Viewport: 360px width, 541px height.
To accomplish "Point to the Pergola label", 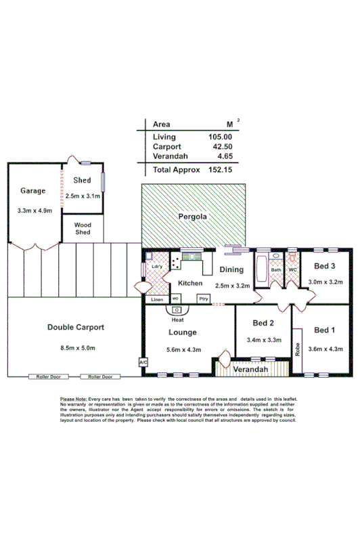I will (192, 217).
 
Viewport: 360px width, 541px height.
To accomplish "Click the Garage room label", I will (32, 191).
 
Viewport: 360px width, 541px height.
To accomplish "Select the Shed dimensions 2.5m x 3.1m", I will (83, 196).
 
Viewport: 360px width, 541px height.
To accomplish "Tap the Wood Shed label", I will (82, 228).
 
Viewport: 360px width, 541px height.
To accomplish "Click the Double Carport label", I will (76, 327).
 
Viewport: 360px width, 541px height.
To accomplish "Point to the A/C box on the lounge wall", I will (143, 362).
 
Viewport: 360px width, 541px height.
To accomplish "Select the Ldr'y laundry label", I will (157, 267).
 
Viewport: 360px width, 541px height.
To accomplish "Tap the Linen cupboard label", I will (157, 299).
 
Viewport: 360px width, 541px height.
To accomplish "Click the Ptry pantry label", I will (203, 299).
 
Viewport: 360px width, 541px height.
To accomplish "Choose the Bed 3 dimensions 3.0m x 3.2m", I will (326, 282).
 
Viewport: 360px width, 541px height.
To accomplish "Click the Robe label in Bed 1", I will (297, 350).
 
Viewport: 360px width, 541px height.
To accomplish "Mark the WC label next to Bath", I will (292, 270).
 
